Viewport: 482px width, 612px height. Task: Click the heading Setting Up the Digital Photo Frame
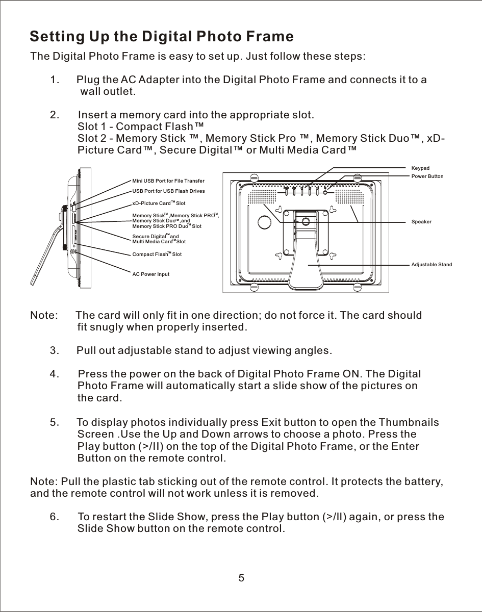pos(162,37)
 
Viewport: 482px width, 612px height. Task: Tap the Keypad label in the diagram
pos(420,168)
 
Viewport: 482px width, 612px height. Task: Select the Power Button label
pos(427,176)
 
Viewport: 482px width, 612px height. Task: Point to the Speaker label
pos(421,222)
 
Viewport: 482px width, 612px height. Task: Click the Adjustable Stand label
pos(432,265)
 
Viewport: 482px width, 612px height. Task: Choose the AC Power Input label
pos(150,274)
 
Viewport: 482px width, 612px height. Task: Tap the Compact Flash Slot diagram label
pos(157,254)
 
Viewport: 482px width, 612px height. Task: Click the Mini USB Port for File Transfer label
pos(168,181)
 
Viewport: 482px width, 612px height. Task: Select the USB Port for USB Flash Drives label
pos(168,191)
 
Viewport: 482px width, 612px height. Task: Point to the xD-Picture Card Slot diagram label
pos(159,203)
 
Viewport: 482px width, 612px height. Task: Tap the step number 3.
pos(54,351)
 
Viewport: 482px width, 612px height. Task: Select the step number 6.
pos(54,517)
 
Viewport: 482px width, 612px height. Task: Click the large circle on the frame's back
pos(265,223)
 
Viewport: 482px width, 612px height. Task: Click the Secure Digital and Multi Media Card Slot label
pos(159,239)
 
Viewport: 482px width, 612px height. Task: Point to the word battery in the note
pos(421,482)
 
